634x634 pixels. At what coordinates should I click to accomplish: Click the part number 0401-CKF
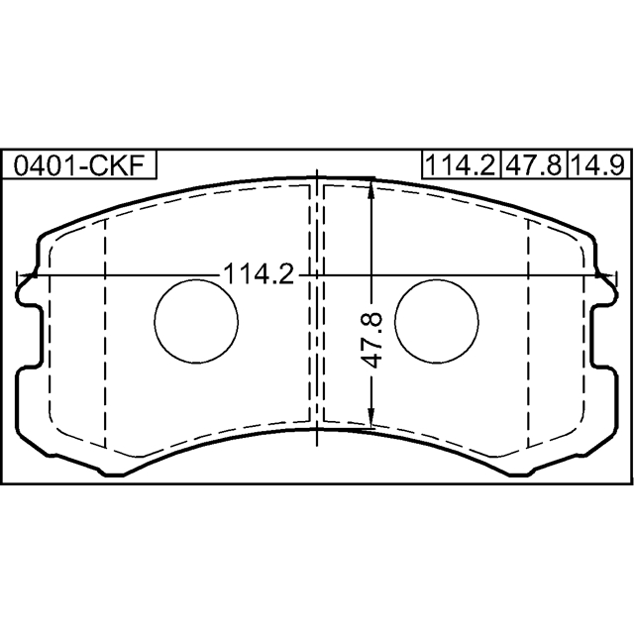pyautogui.click(x=79, y=165)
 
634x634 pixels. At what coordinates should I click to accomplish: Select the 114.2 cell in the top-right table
pyautogui.click(x=461, y=165)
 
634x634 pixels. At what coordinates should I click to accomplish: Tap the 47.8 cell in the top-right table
pyautogui.click(x=534, y=165)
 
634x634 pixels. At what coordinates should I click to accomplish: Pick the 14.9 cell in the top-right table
pyautogui.click(x=599, y=165)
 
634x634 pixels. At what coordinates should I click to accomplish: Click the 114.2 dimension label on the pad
pyautogui.click(x=259, y=274)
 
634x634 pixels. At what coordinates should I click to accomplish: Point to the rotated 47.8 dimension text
pyautogui.click(x=372, y=340)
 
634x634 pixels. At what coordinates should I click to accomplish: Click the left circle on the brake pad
pyautogui.click(x=196, y=321)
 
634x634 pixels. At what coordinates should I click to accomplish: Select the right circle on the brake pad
pyautogui.click(x=437, y=321)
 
